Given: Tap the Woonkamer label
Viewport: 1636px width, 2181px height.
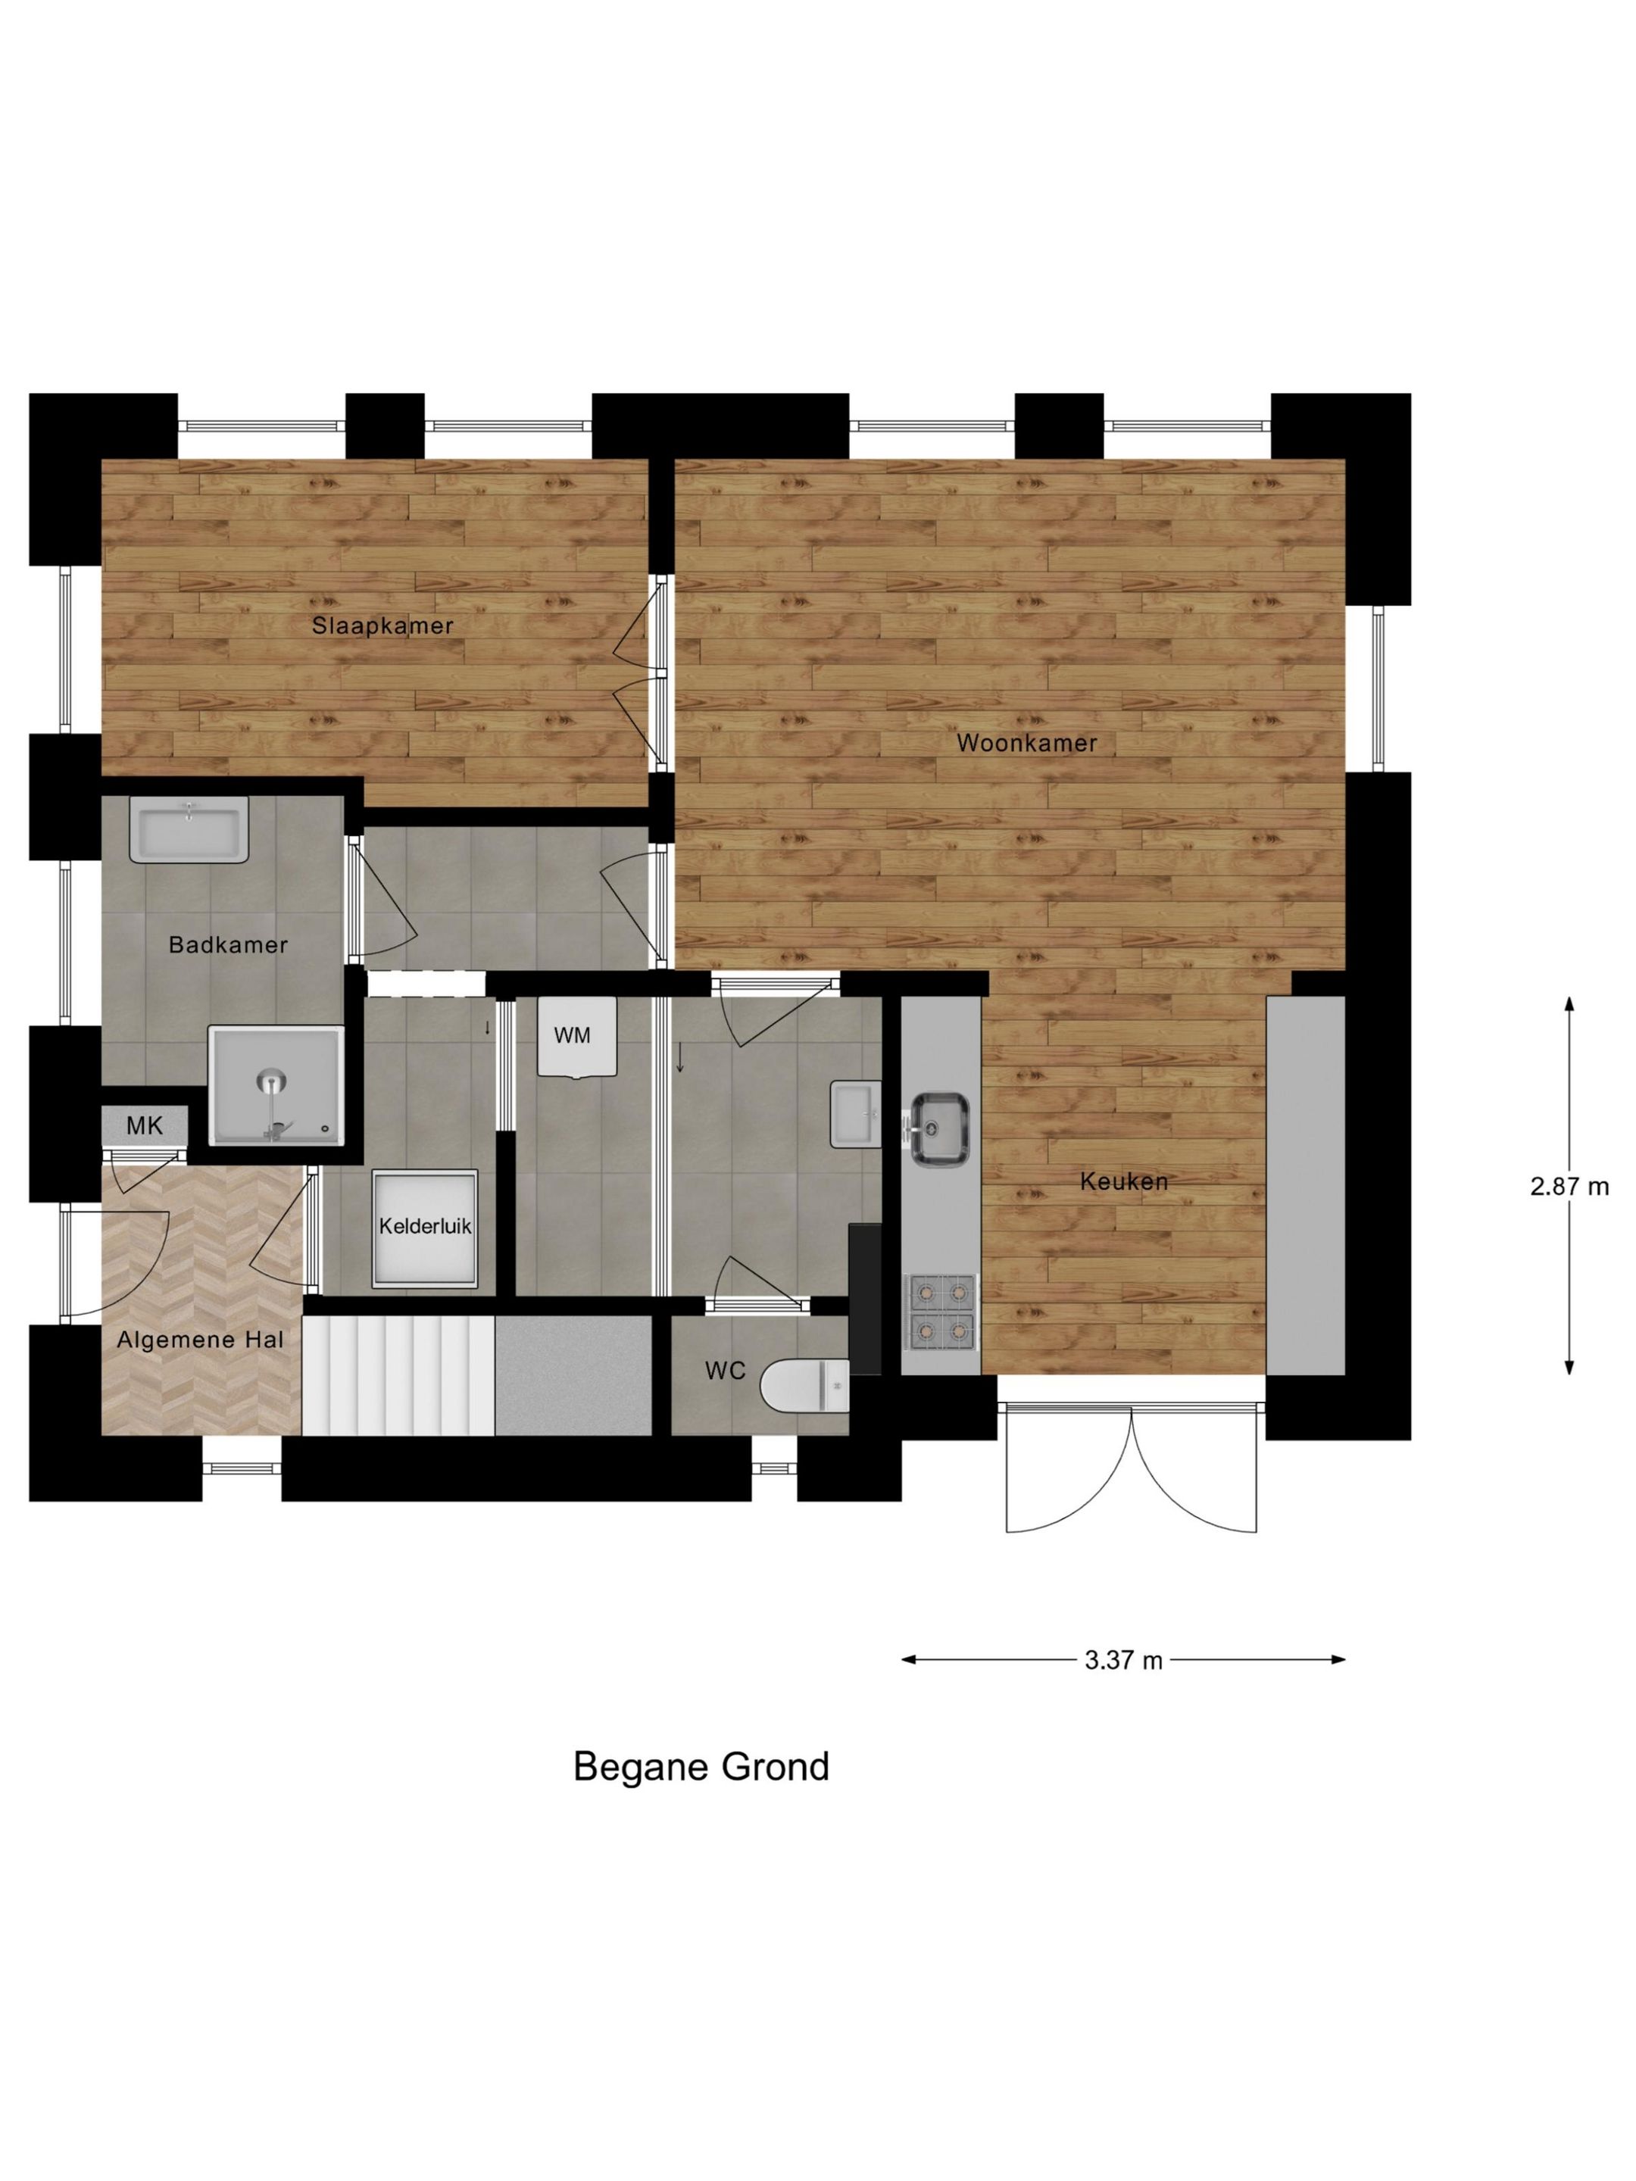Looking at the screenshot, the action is pyautogui.click(x=1026, y=744).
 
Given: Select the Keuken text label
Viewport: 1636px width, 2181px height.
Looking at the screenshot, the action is pyautogui.click(x=1124, y=1181).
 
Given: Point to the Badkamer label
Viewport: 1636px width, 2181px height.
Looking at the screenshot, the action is pyautogui.click(x=228, y=944).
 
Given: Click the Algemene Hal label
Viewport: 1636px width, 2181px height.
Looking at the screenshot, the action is pyautogui.click(x=200, y=1340).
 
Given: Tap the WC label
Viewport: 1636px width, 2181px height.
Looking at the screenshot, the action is pyautogui.click(x=725, y=1371).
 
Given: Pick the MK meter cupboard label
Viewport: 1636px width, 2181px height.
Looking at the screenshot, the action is pyautogui.click(x=144, y=1125).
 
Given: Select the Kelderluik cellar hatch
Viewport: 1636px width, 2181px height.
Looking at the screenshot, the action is pyautogui.click(x=425, y=1228).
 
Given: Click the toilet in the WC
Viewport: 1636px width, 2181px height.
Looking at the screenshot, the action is pyautogui.click(x=804, y=1385).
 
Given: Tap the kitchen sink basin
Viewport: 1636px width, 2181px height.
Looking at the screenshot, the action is pyautogui.click(x=938, y=1129).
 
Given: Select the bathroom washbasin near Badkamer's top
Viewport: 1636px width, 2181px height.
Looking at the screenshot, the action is pyautogui.click(x=189, y=828).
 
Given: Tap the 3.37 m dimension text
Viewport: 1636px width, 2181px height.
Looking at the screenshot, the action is pyautogui.click(x=1123, y=1661).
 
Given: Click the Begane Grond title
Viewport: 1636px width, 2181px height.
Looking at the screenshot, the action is pyautogui.click(x=701, y=1766).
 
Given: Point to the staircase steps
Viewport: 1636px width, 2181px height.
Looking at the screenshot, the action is pyautogui.click(x=398, y=1375).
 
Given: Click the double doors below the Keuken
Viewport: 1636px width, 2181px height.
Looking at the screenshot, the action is pyautogui.click(x=1131, y=1467).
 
